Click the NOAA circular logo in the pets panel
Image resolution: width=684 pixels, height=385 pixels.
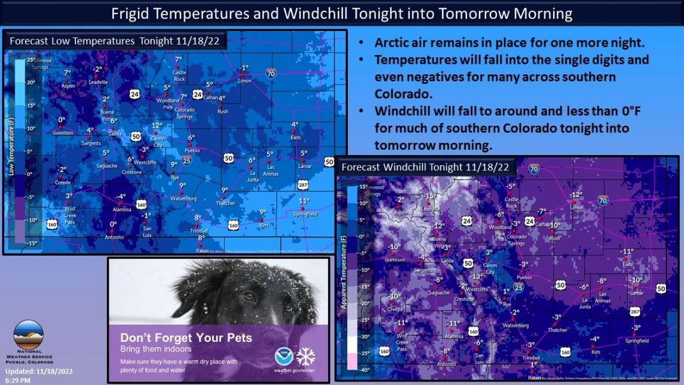click(284, 356)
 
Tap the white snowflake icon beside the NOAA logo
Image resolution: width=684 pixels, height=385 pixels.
click(305, 356)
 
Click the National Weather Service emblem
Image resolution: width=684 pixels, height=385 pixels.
click(28, 334)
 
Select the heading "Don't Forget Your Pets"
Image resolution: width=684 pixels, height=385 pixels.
click(186, 338)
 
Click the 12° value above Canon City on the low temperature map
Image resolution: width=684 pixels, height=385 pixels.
click(157, 125)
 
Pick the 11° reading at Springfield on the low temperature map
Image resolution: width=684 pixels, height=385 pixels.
click(304, 201)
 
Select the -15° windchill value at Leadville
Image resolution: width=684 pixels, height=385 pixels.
click(431, 196)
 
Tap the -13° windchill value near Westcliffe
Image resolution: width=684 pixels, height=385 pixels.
click(476, 276)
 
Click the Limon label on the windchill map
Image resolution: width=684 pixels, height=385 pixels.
click(576, 208)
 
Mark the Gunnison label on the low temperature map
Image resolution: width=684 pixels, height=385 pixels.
click(63, 133)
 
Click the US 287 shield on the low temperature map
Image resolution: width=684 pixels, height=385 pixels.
click(303, 185)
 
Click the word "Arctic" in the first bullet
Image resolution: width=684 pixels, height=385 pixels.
click(391, 43)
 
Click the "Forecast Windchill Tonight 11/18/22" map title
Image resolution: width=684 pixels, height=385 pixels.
click(425, 167)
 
